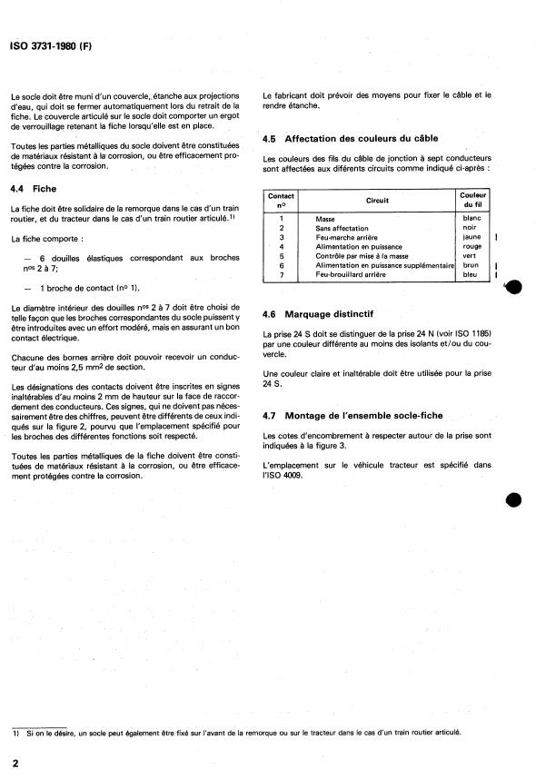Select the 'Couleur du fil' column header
(x=472, y=201)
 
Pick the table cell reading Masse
(x=325, y=219)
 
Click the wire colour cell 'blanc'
(x=472, y=219)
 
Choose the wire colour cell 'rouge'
(x=472, y=246)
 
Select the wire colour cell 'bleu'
(x=472, y=273)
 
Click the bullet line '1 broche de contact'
(x=82, y=287)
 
